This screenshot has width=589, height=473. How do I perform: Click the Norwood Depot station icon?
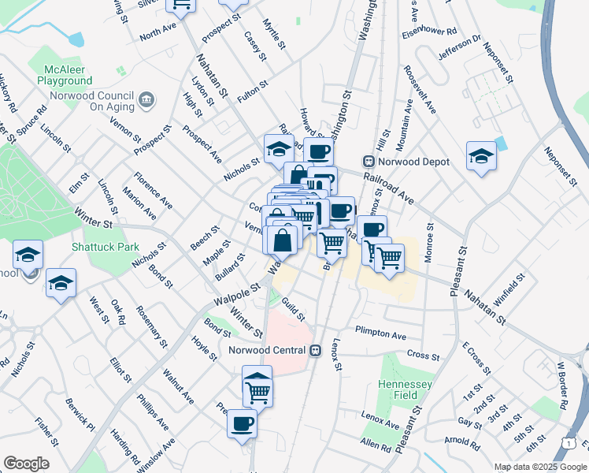coord(367,161)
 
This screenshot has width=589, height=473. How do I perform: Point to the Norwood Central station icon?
coord(316,350)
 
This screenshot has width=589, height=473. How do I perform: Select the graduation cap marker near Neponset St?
coord(480,155)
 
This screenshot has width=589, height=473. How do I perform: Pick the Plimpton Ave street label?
coord(380,333)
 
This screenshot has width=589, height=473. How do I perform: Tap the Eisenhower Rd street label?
coord(429,32)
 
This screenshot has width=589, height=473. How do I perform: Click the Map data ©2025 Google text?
coord(539,467)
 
